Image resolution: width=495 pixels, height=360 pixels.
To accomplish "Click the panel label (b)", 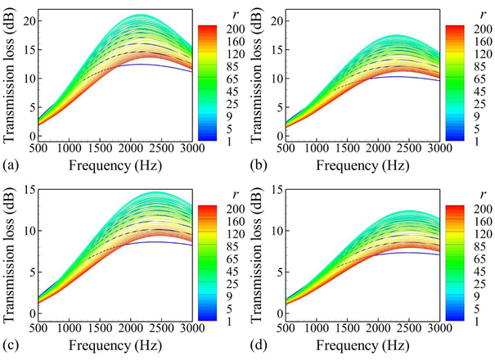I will click(260, 164).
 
